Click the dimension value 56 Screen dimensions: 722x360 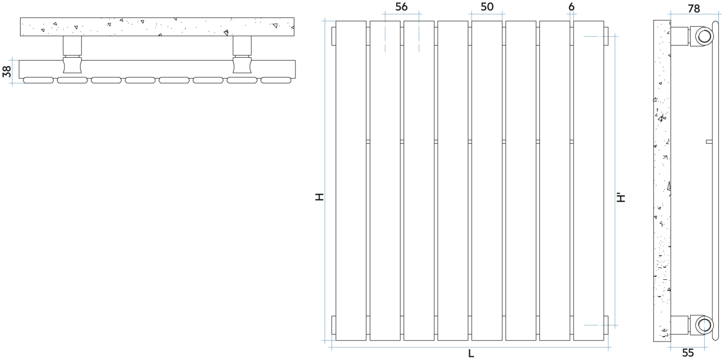coord(401,7)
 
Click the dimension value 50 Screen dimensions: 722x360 coord(487,7)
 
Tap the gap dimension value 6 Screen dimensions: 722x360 coord(572,7)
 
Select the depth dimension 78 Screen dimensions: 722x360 coord(694,9)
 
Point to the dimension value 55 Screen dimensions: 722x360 coord(688,353)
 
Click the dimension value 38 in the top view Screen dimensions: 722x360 coord(7,71)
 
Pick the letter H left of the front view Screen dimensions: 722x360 coord(320,197)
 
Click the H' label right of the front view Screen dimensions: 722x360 coord(621,197)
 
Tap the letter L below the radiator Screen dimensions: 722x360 coord(471,354)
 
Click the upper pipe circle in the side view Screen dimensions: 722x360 coord(703,36)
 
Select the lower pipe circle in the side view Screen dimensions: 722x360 coord(703,325)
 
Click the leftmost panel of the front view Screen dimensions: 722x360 coord(351,180)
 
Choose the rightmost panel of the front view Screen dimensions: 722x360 coord(588,180)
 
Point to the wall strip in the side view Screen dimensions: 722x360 coord(662,180)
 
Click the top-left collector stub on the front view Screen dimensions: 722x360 coord(333,36)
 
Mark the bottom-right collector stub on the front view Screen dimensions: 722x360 coord(606,325)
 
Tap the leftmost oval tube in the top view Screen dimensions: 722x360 coord(38,80)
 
